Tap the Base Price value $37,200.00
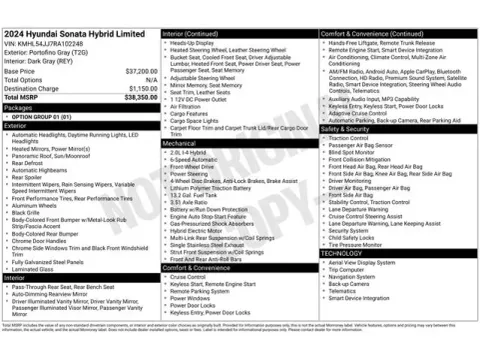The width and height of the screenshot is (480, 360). (x=137, y=72)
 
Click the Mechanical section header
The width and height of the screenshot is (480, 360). (x=182, y=144)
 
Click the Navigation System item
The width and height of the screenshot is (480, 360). (x=352, y=276)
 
